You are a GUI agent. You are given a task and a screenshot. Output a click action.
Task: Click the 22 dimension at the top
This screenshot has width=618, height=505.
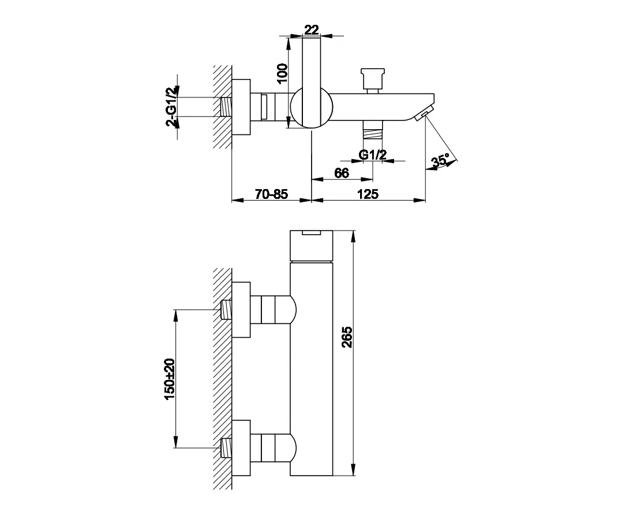coord(312,30)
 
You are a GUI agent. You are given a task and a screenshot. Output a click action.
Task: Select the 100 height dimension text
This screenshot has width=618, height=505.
coord(282,74)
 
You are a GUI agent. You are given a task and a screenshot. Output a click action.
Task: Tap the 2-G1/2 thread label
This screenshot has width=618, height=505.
coord(171,106)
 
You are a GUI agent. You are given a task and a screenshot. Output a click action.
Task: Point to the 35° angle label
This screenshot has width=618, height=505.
coord(440,161)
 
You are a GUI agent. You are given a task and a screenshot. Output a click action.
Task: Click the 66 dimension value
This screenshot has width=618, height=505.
coord(342,173)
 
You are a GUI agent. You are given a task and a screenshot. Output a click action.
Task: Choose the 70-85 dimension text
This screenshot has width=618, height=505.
coord(271,194)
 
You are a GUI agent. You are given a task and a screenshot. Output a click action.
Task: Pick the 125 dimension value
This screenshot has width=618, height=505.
coord(368,194)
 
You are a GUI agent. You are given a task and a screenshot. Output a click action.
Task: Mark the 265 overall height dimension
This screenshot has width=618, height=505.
coord(347,337)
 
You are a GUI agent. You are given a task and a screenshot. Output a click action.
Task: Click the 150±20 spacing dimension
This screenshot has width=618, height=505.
coord(169,379)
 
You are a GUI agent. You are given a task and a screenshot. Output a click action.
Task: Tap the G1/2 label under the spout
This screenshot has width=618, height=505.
coord(372,154)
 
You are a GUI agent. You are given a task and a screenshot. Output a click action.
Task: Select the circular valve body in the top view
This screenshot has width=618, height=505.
coord(312,107)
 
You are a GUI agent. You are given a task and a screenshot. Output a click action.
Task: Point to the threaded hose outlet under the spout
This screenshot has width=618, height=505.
coord(372,129)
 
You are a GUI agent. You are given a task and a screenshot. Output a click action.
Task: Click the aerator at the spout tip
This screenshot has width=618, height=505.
coord(424,114)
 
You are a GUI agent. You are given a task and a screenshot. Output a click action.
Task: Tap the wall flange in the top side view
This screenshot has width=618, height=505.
coord(241,107)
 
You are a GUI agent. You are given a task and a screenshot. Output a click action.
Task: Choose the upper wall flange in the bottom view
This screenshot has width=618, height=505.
coord(241,310)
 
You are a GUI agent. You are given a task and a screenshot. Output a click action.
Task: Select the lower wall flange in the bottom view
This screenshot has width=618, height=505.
coord(241,448)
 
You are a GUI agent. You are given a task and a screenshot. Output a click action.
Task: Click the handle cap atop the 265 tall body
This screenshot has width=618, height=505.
coord(312,246)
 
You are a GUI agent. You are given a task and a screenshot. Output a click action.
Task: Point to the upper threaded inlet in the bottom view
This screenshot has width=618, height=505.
coord(226,310)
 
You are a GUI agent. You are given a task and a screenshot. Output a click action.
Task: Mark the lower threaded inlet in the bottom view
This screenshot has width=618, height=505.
coord(226,448)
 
